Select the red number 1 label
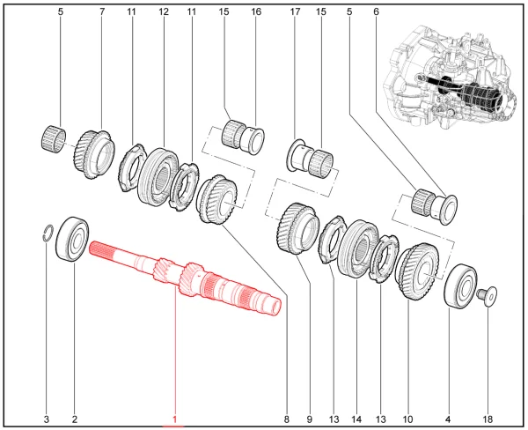tap(174, 419)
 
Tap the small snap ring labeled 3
tap(48, 233)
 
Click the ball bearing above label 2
tap(72, 239)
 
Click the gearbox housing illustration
tap(451, 77)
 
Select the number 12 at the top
tap(164, 11)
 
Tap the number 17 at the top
tap(295, 11)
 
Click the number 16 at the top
tap(256, 11)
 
